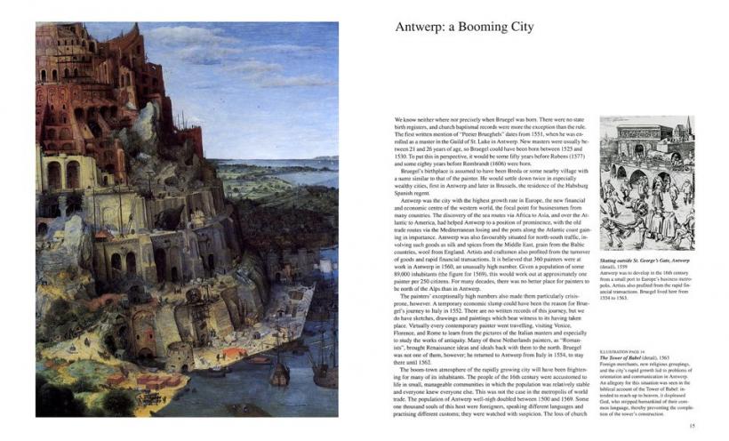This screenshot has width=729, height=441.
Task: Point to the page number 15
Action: [x=693, y=425]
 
